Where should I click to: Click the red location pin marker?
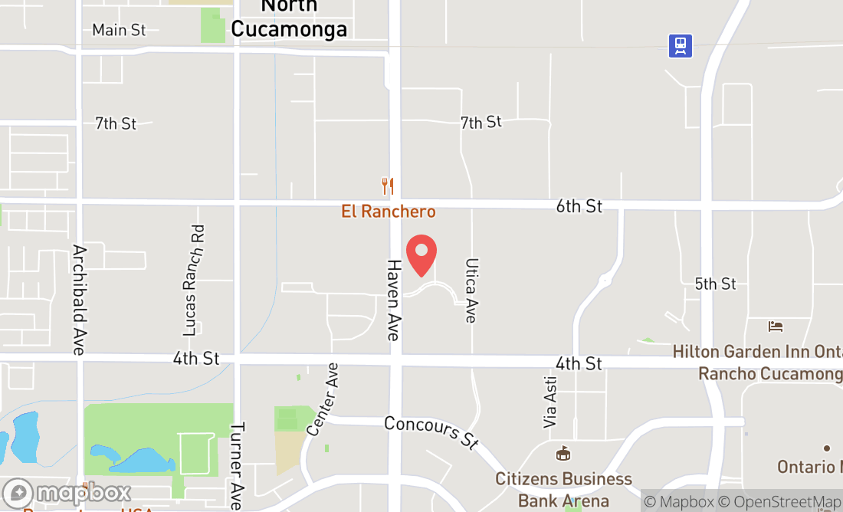click(421, 255)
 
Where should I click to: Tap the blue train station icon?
click(680, 46)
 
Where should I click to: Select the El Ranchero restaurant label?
click(388, 212)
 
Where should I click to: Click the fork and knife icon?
click(388, 185)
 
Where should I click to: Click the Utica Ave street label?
click(471, 290)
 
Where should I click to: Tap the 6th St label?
click(579, 205)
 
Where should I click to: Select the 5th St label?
click(715, 284)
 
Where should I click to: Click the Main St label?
click(119, 30)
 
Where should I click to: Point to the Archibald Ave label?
click(78, 299)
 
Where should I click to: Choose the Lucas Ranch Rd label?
click(194, 280)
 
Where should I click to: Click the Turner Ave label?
click(237, 466)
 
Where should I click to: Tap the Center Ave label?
click(323, 399)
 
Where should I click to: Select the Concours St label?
click(431, 432)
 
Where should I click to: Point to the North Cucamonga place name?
click(289, 18)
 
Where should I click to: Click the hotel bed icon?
click(776, 327)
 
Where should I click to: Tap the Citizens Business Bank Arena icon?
click(563, 454)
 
